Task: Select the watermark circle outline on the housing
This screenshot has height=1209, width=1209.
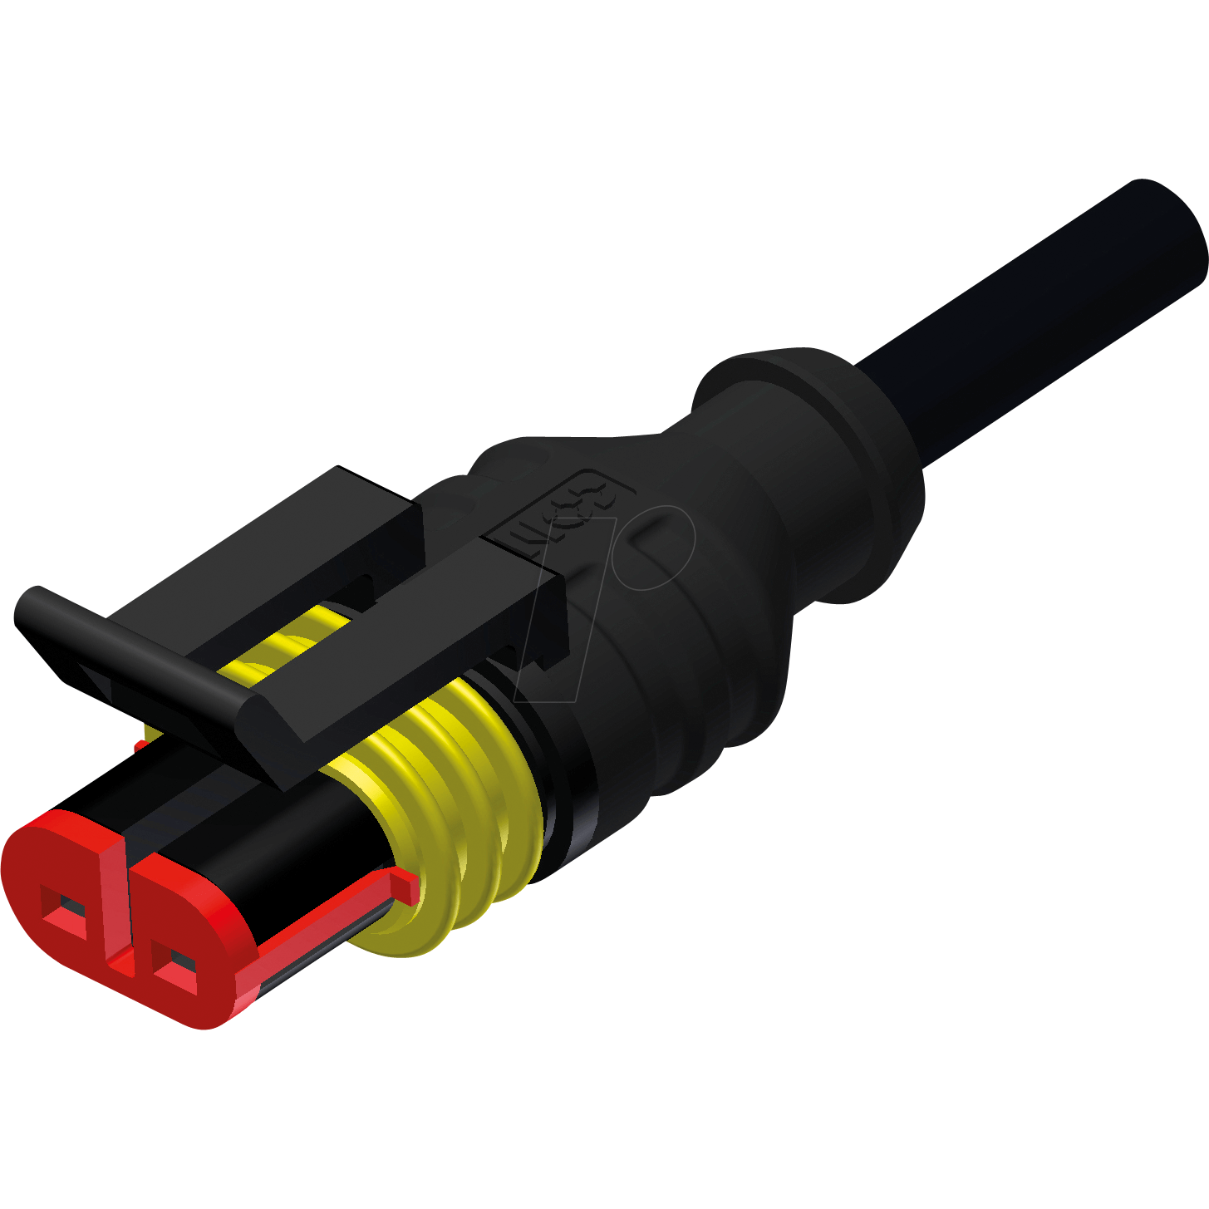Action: point(656,548)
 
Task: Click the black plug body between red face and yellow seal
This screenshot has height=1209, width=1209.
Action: point(274,839)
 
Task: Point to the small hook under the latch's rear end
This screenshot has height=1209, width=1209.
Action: point(544,661)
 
